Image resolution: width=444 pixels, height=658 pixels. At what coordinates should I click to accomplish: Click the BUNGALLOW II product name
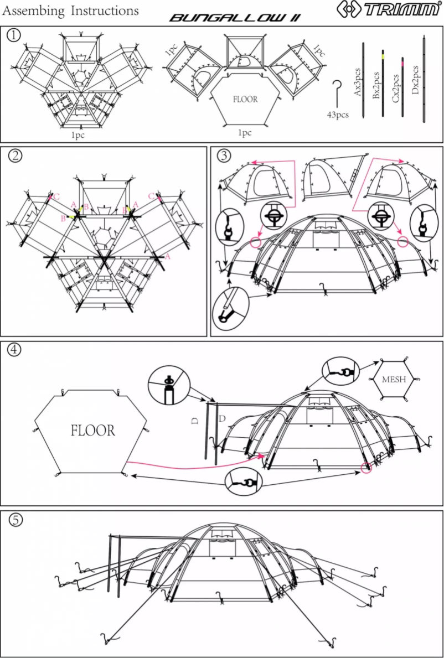coord(235,18)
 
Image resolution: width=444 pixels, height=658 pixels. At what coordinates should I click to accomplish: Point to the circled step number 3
coord(224,155)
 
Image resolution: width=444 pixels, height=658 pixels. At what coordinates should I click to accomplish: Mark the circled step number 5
coord(14,520)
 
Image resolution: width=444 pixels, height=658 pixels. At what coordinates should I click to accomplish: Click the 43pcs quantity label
coord(337,115)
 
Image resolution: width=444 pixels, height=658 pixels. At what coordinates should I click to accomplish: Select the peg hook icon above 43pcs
coord(336,91)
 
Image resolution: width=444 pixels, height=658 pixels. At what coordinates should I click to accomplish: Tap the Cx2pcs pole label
coord(396,87)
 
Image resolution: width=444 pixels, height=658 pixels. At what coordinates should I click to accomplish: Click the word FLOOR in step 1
coord(245,100)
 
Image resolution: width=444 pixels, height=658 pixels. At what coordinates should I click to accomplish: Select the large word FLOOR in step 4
coord(93,431)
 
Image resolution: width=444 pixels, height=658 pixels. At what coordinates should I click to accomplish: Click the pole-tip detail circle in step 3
coord(230,308)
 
